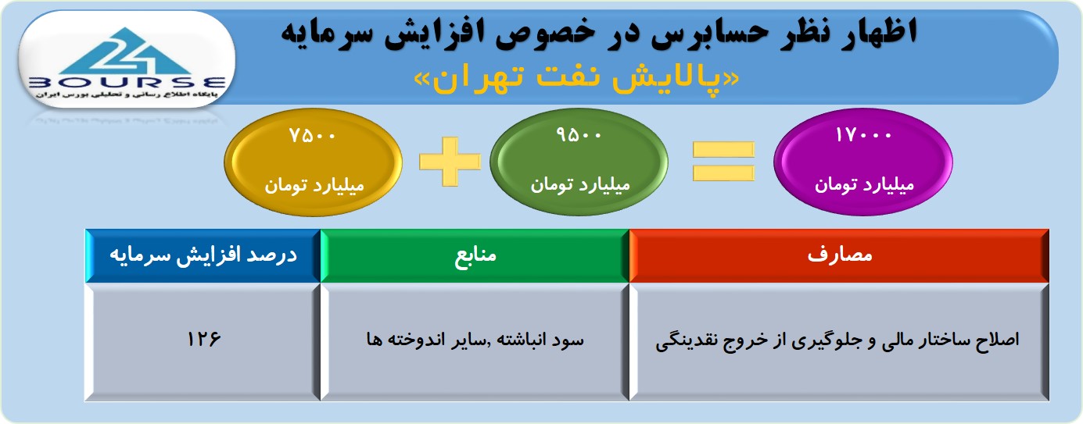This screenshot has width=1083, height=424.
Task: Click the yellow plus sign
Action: coord(450,162)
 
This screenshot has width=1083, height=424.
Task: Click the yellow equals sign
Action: coord(723,162)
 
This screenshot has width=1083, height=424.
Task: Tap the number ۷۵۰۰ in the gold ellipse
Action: coord(312,136)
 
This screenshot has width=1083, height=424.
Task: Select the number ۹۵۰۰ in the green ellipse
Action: coord(579,135)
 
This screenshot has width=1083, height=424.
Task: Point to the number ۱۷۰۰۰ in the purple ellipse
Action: coord(863,135)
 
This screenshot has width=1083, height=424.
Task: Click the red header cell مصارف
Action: coord(839,255)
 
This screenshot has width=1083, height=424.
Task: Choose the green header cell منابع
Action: coord(475,255)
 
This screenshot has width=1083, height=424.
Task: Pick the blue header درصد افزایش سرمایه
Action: coord(203,255)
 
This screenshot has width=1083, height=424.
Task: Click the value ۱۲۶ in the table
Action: coord(203,339)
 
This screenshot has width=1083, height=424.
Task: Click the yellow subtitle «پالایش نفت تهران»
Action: coord(577,80)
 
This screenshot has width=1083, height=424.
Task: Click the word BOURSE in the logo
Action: coord(127,83)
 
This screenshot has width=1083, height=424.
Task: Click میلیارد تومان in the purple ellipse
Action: coord(864,185)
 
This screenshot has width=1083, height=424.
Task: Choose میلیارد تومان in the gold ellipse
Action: coord(314,186)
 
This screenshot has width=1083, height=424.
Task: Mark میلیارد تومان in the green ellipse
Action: coord(580,185)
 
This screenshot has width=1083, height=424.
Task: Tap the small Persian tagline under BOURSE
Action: coord(127,94)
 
